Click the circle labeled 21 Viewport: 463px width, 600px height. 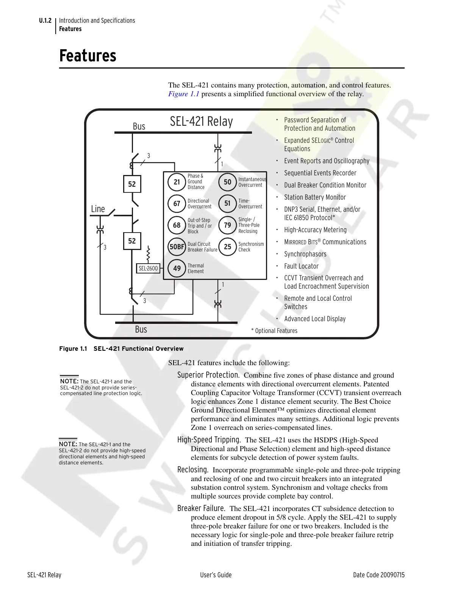pos(177,182)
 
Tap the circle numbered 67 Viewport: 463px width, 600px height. pos(177,203)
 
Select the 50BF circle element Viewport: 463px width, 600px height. pos(177,247)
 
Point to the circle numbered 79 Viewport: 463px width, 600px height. pos(227,225)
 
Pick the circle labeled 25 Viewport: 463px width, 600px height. pos(227,247)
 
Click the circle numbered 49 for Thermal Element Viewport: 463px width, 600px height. pos(177,268)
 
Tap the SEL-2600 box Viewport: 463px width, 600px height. pos(148,268)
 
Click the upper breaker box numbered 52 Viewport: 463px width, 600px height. pos(132,184)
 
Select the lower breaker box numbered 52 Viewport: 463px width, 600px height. pos(132,241)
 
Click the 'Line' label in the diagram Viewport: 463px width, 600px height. pos(98,209)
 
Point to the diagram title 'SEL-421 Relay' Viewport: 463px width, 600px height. pos(201,122)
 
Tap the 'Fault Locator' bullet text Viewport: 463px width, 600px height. pos(301,266)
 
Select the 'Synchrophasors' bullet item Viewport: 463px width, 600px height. pos(305,254)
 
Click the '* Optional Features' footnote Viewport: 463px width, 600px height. pos(274,331)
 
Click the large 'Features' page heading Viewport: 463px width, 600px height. pos(88,56)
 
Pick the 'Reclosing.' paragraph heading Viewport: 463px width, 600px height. pos(192,470)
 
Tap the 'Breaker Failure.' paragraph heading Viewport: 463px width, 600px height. pos(201,508)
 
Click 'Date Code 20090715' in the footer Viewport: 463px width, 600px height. pos(379,575)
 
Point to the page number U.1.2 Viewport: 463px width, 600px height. pos(45,20)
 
